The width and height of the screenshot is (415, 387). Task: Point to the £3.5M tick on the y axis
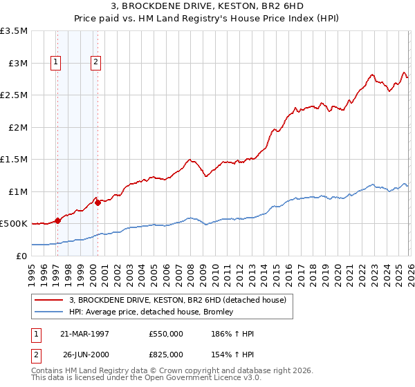pos(15,31)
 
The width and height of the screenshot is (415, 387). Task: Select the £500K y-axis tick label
pos(14,224)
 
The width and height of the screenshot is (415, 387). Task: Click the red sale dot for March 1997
pos(58,220)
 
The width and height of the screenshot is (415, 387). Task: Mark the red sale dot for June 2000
pos(98,202)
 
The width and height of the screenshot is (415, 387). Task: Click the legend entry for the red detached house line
pos(182,299)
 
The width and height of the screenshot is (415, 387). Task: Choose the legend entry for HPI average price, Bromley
pos(151,312)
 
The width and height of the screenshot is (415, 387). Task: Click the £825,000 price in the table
pos(166,354)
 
